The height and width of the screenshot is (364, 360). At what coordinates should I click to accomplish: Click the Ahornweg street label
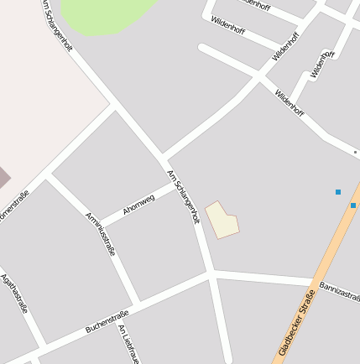(x=139, y=204)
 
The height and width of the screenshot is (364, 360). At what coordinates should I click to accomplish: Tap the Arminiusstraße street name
(x=101, y=233)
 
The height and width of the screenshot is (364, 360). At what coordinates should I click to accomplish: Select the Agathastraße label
(x=14, y=293)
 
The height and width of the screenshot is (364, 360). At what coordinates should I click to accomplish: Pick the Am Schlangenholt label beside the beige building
(x=184, y=197)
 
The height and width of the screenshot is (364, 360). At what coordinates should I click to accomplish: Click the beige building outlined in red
(x=222, y=220)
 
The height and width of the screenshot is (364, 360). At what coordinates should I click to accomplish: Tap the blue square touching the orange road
(x=353, y=205)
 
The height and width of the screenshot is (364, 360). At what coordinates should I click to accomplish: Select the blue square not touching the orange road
(x=338, y=192)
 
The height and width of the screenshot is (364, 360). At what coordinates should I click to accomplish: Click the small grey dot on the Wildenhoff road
(x=355, y=153)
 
